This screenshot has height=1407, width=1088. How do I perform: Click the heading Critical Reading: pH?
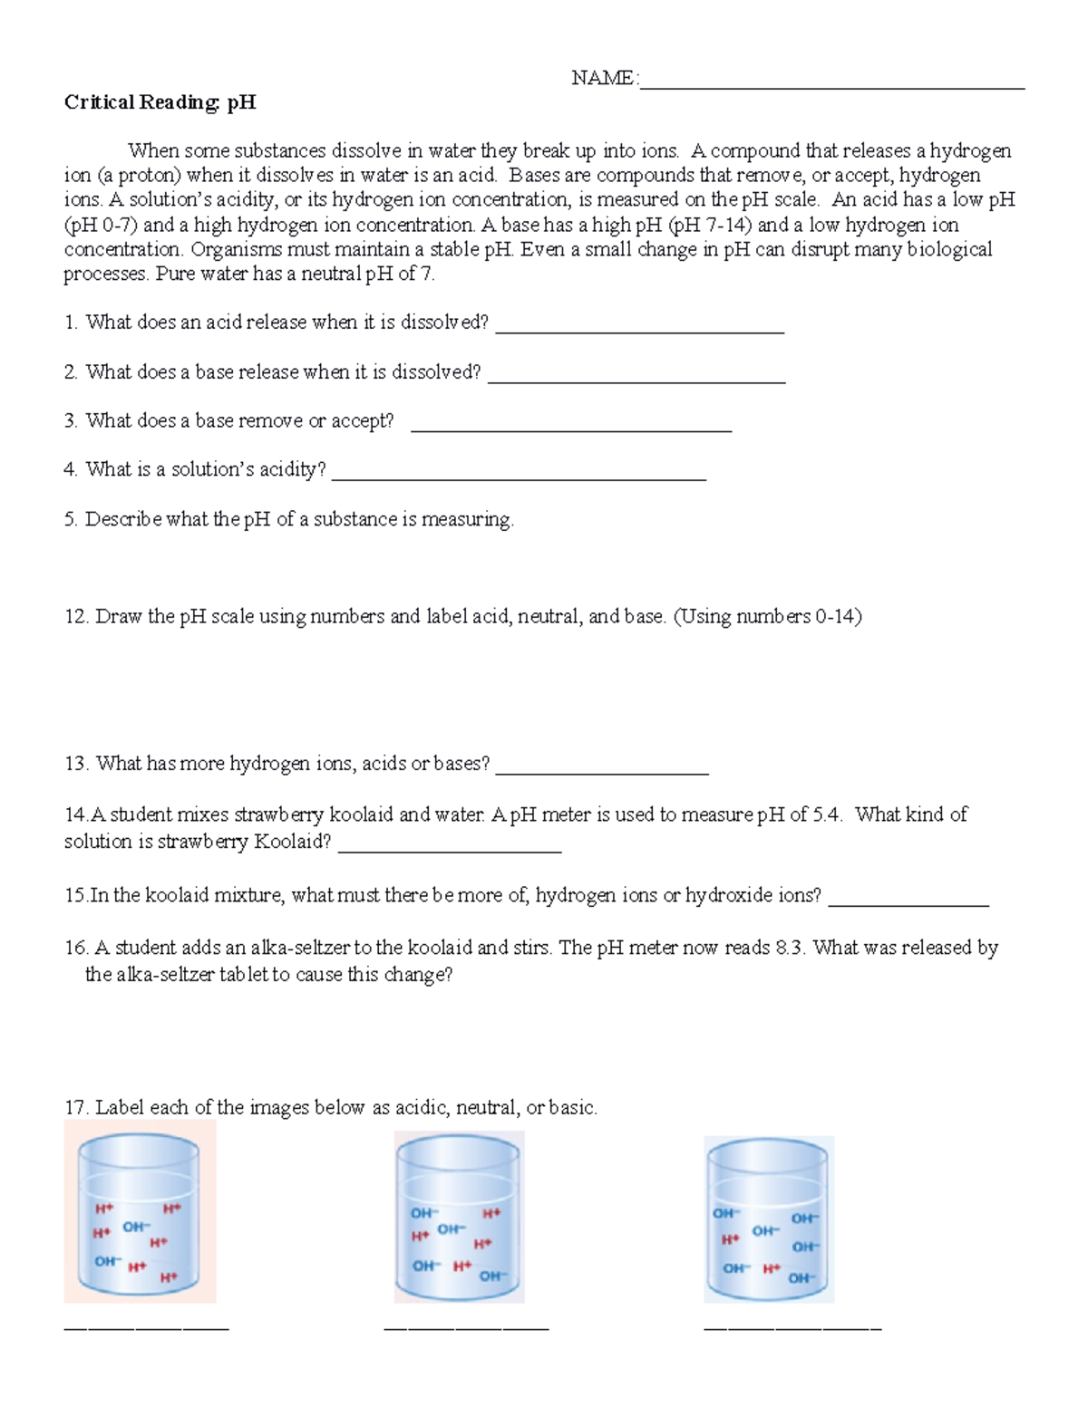click(160, 102)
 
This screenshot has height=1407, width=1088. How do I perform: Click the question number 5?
click(71, 519)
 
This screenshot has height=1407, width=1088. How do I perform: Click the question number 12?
click(75, 617)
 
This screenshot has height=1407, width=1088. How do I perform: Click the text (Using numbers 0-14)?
click(767, 617)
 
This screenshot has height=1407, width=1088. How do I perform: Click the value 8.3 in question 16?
click(789, 948)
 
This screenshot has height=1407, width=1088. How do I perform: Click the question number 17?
click(75, 1108)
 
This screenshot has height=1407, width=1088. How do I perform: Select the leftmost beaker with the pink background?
click(140, 1211)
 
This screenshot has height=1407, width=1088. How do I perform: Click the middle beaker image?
click(460, 1219)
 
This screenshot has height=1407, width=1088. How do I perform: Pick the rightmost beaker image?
click(769, 1219)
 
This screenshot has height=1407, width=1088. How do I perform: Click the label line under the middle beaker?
click(466, 1328)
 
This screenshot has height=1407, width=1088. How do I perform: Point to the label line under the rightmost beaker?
click(792, 1328)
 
